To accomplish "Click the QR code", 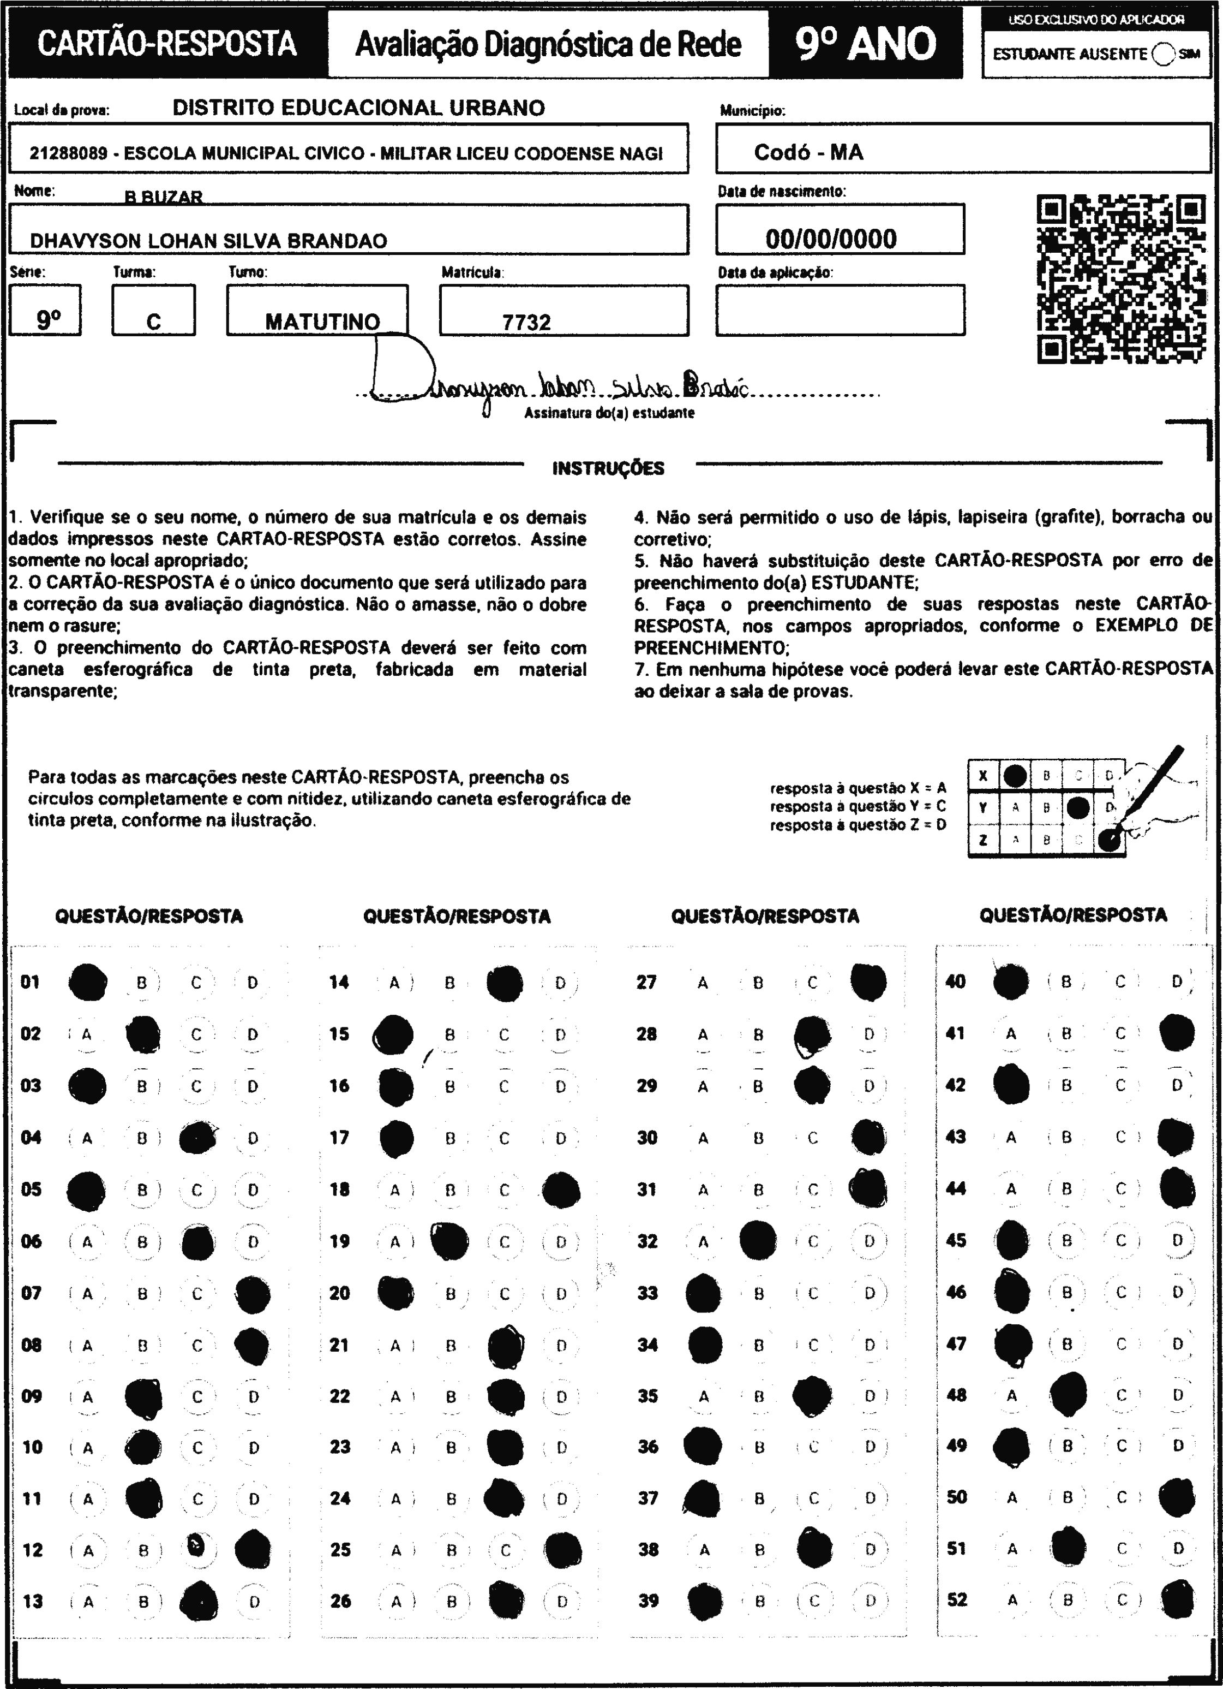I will click(x=1121, y=279).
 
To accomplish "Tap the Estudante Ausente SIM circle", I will click(x=1162, y=53).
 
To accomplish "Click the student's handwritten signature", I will click(x=558, y=384).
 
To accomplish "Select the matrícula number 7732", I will click(x=526, y=322).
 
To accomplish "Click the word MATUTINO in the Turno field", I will click(x=322, y=322).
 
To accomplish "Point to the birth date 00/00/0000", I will click(x=831, y=239).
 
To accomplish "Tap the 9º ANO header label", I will click(x=866, y=44).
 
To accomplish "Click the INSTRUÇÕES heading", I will click(x=608, y=468).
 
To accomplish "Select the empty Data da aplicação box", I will click(x=840, y=310).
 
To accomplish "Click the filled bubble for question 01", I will click(x=87, y=982).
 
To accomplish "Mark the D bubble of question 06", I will click(x=253, y=1241).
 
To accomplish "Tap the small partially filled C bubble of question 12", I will click(x=196, y=1546).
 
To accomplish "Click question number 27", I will click(x=646, y=982).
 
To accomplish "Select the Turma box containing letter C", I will click(x=153, y=311).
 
